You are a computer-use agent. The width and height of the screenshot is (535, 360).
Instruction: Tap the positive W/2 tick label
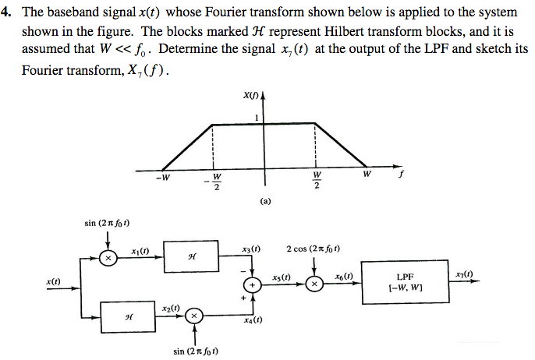point(317,180)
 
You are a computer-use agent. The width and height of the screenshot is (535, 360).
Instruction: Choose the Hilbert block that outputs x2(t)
point(129,315)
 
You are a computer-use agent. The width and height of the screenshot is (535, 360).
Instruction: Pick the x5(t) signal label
point(282,277)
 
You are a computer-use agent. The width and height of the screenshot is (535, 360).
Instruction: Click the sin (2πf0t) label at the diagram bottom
point(195,351)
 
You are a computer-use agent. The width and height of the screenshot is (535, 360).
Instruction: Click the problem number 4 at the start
point(7,13)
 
